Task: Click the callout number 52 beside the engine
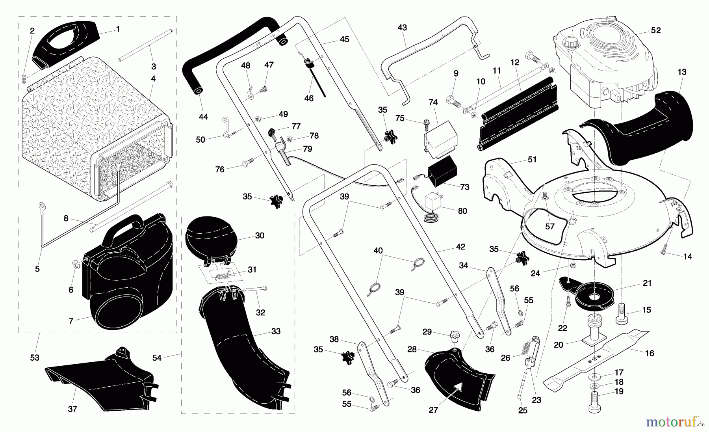[x=655, y=30]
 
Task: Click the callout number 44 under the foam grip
[x=203, y=117]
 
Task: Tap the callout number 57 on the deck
[x=549, y=226]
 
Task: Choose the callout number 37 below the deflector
[x=72, y=409]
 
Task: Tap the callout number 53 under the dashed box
[x=35, y=358]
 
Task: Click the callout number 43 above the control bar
[x=402, y=28]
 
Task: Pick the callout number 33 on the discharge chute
[x=276, y=331]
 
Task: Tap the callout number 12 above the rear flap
[x=515, y=62]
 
